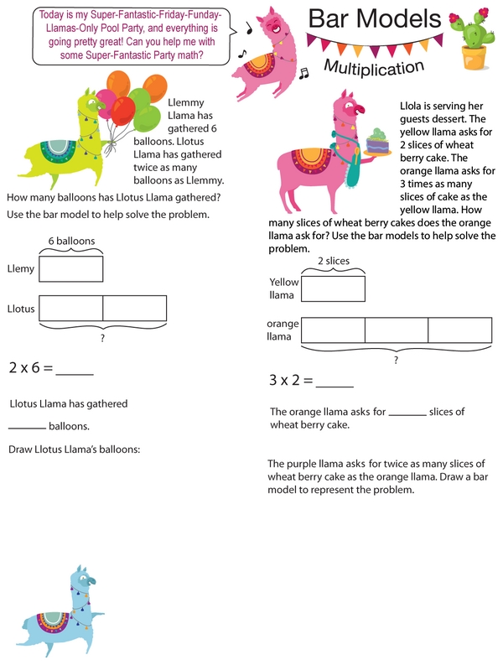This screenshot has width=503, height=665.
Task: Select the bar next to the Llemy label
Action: pyautogui.click(x=71, y=268)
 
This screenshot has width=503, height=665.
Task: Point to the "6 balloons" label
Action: pyautogui.click(x=71, y=241)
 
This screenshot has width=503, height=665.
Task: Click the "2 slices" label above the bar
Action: pyautogui.click(x=333, y=261)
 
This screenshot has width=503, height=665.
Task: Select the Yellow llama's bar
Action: pyautogui.click(x=333, y=288)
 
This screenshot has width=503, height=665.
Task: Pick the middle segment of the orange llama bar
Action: pyautogui.click(x=397, y=330)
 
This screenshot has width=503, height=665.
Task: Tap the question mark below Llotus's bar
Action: pyautogui.click(x=102, y=337)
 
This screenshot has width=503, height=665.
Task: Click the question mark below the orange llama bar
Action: pyautogui.click(x=396, y=360)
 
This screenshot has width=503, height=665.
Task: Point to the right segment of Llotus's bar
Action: pyautogui.click(x=134, y=308)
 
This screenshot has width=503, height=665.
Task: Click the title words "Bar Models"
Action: pyautogui.click(x=374, y=18)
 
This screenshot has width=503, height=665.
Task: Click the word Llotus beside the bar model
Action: pyautogui.click(x=20, y=309)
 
